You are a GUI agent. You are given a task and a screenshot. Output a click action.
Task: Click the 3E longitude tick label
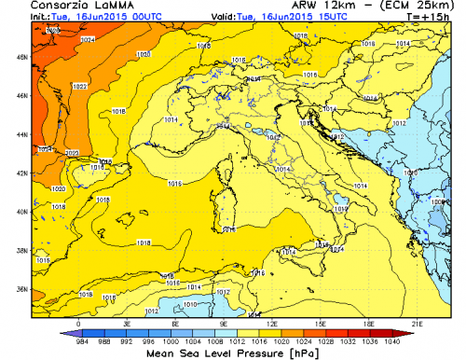point(127,323)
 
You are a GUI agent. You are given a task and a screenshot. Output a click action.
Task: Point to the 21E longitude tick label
point(418,323)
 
